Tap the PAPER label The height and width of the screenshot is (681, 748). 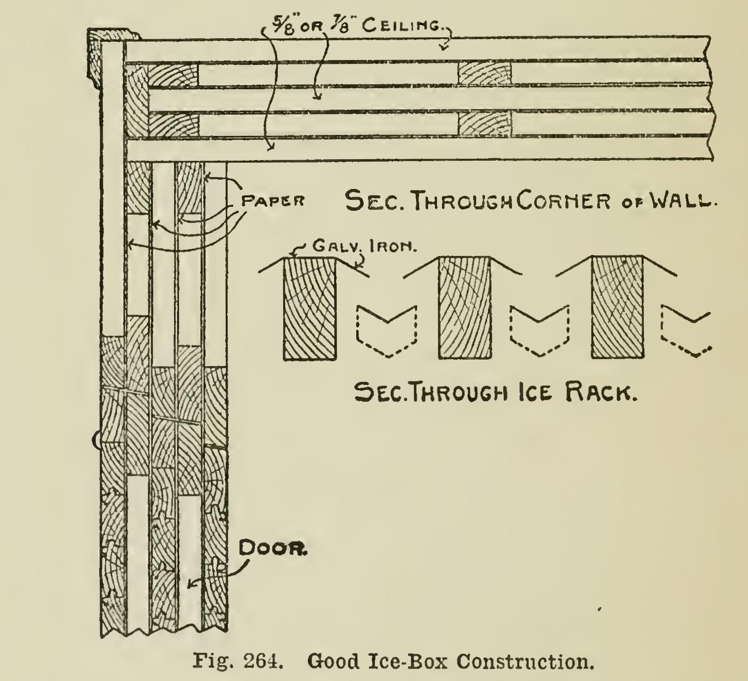click(x=273, y=201)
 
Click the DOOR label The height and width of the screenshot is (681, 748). click(x=273, y=549)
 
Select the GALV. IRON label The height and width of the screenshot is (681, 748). click(x=364, y=246)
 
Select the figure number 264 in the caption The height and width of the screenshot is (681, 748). click(x=263, y=661)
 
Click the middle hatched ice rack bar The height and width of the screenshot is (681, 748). click(x=465, y=308)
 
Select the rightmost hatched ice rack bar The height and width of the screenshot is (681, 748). click(x=618, y=308)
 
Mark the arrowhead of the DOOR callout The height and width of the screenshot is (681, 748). click(x=190, y=585)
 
